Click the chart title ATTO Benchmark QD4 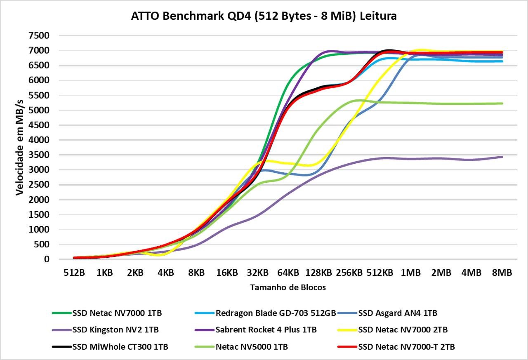pos(264,16)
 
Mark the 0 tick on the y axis pos(47,259)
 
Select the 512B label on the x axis pos(74,273)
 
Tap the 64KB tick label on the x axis pos(288,273)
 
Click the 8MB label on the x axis pos(502,273)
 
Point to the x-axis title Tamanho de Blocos pos(288,287)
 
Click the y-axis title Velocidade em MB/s pos(20,147)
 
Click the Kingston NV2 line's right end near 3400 pos(502,157)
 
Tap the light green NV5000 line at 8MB pos(502,104)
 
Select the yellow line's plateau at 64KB pos(288,163)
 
